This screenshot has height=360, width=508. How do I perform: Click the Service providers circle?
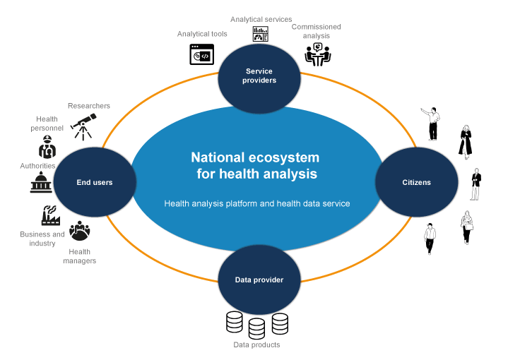(x=261, y=76)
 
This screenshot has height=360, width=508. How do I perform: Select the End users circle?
(x=95, y=182)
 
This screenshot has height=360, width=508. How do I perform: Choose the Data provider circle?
(x=259, y=280)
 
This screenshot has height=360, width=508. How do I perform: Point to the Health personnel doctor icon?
(x=47, y=148)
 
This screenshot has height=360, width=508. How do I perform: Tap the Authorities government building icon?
(x=41, y=183)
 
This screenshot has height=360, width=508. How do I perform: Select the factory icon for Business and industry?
(x=52, y=216)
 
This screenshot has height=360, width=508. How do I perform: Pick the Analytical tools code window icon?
(x=202, y=54)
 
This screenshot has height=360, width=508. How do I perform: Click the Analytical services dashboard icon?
(x=261, y=34)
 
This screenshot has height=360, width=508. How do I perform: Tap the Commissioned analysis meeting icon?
(x=317, y=54)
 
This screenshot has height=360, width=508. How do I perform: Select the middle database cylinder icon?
(x=256, y=328)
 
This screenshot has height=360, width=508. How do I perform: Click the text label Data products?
(x=256, y=345)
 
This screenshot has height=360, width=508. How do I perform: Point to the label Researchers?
(x=89, y=106)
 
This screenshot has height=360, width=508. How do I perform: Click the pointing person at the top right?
(x=432, y=124)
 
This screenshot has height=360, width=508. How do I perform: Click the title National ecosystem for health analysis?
(x=255, y=165)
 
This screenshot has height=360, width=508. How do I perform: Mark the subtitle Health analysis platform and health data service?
(x=257, y=203)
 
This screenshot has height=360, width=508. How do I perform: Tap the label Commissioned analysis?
(x=317, y=31)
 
